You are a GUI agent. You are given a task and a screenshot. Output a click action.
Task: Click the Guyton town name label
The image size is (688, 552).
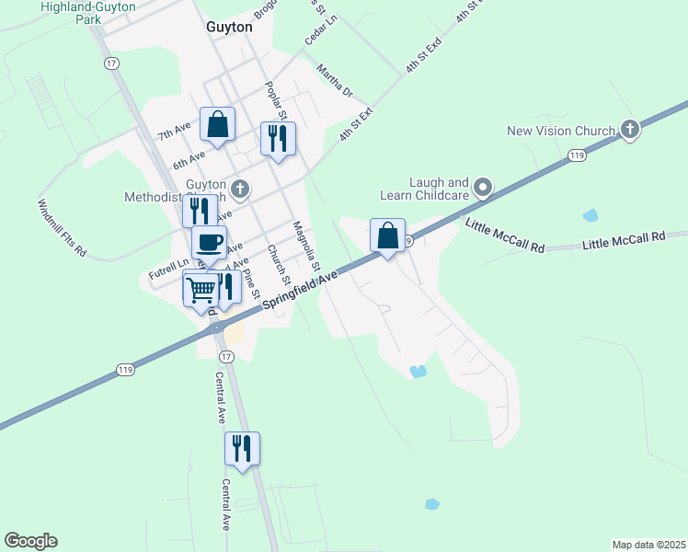click(228, 28)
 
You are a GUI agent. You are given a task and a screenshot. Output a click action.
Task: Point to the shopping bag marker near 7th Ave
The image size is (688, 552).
click(217, 125)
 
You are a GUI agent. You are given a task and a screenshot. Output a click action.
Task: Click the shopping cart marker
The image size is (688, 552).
click(201, 290)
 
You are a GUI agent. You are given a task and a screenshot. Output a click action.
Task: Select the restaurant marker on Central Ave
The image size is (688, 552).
click(242, 449)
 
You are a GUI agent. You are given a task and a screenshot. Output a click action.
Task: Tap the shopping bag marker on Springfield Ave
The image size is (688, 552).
click(387, 236)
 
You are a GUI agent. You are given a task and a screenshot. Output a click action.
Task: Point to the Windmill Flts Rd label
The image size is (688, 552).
click(63, 227)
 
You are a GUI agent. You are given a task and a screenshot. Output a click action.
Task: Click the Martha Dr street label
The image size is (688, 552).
click(335, 81)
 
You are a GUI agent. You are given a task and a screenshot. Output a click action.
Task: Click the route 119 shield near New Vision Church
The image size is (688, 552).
click(577, 156)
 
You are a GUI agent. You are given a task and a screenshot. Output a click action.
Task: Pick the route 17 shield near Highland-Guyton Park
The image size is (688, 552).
click(111, 63)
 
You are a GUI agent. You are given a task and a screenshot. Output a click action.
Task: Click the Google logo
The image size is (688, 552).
click(30, 541)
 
